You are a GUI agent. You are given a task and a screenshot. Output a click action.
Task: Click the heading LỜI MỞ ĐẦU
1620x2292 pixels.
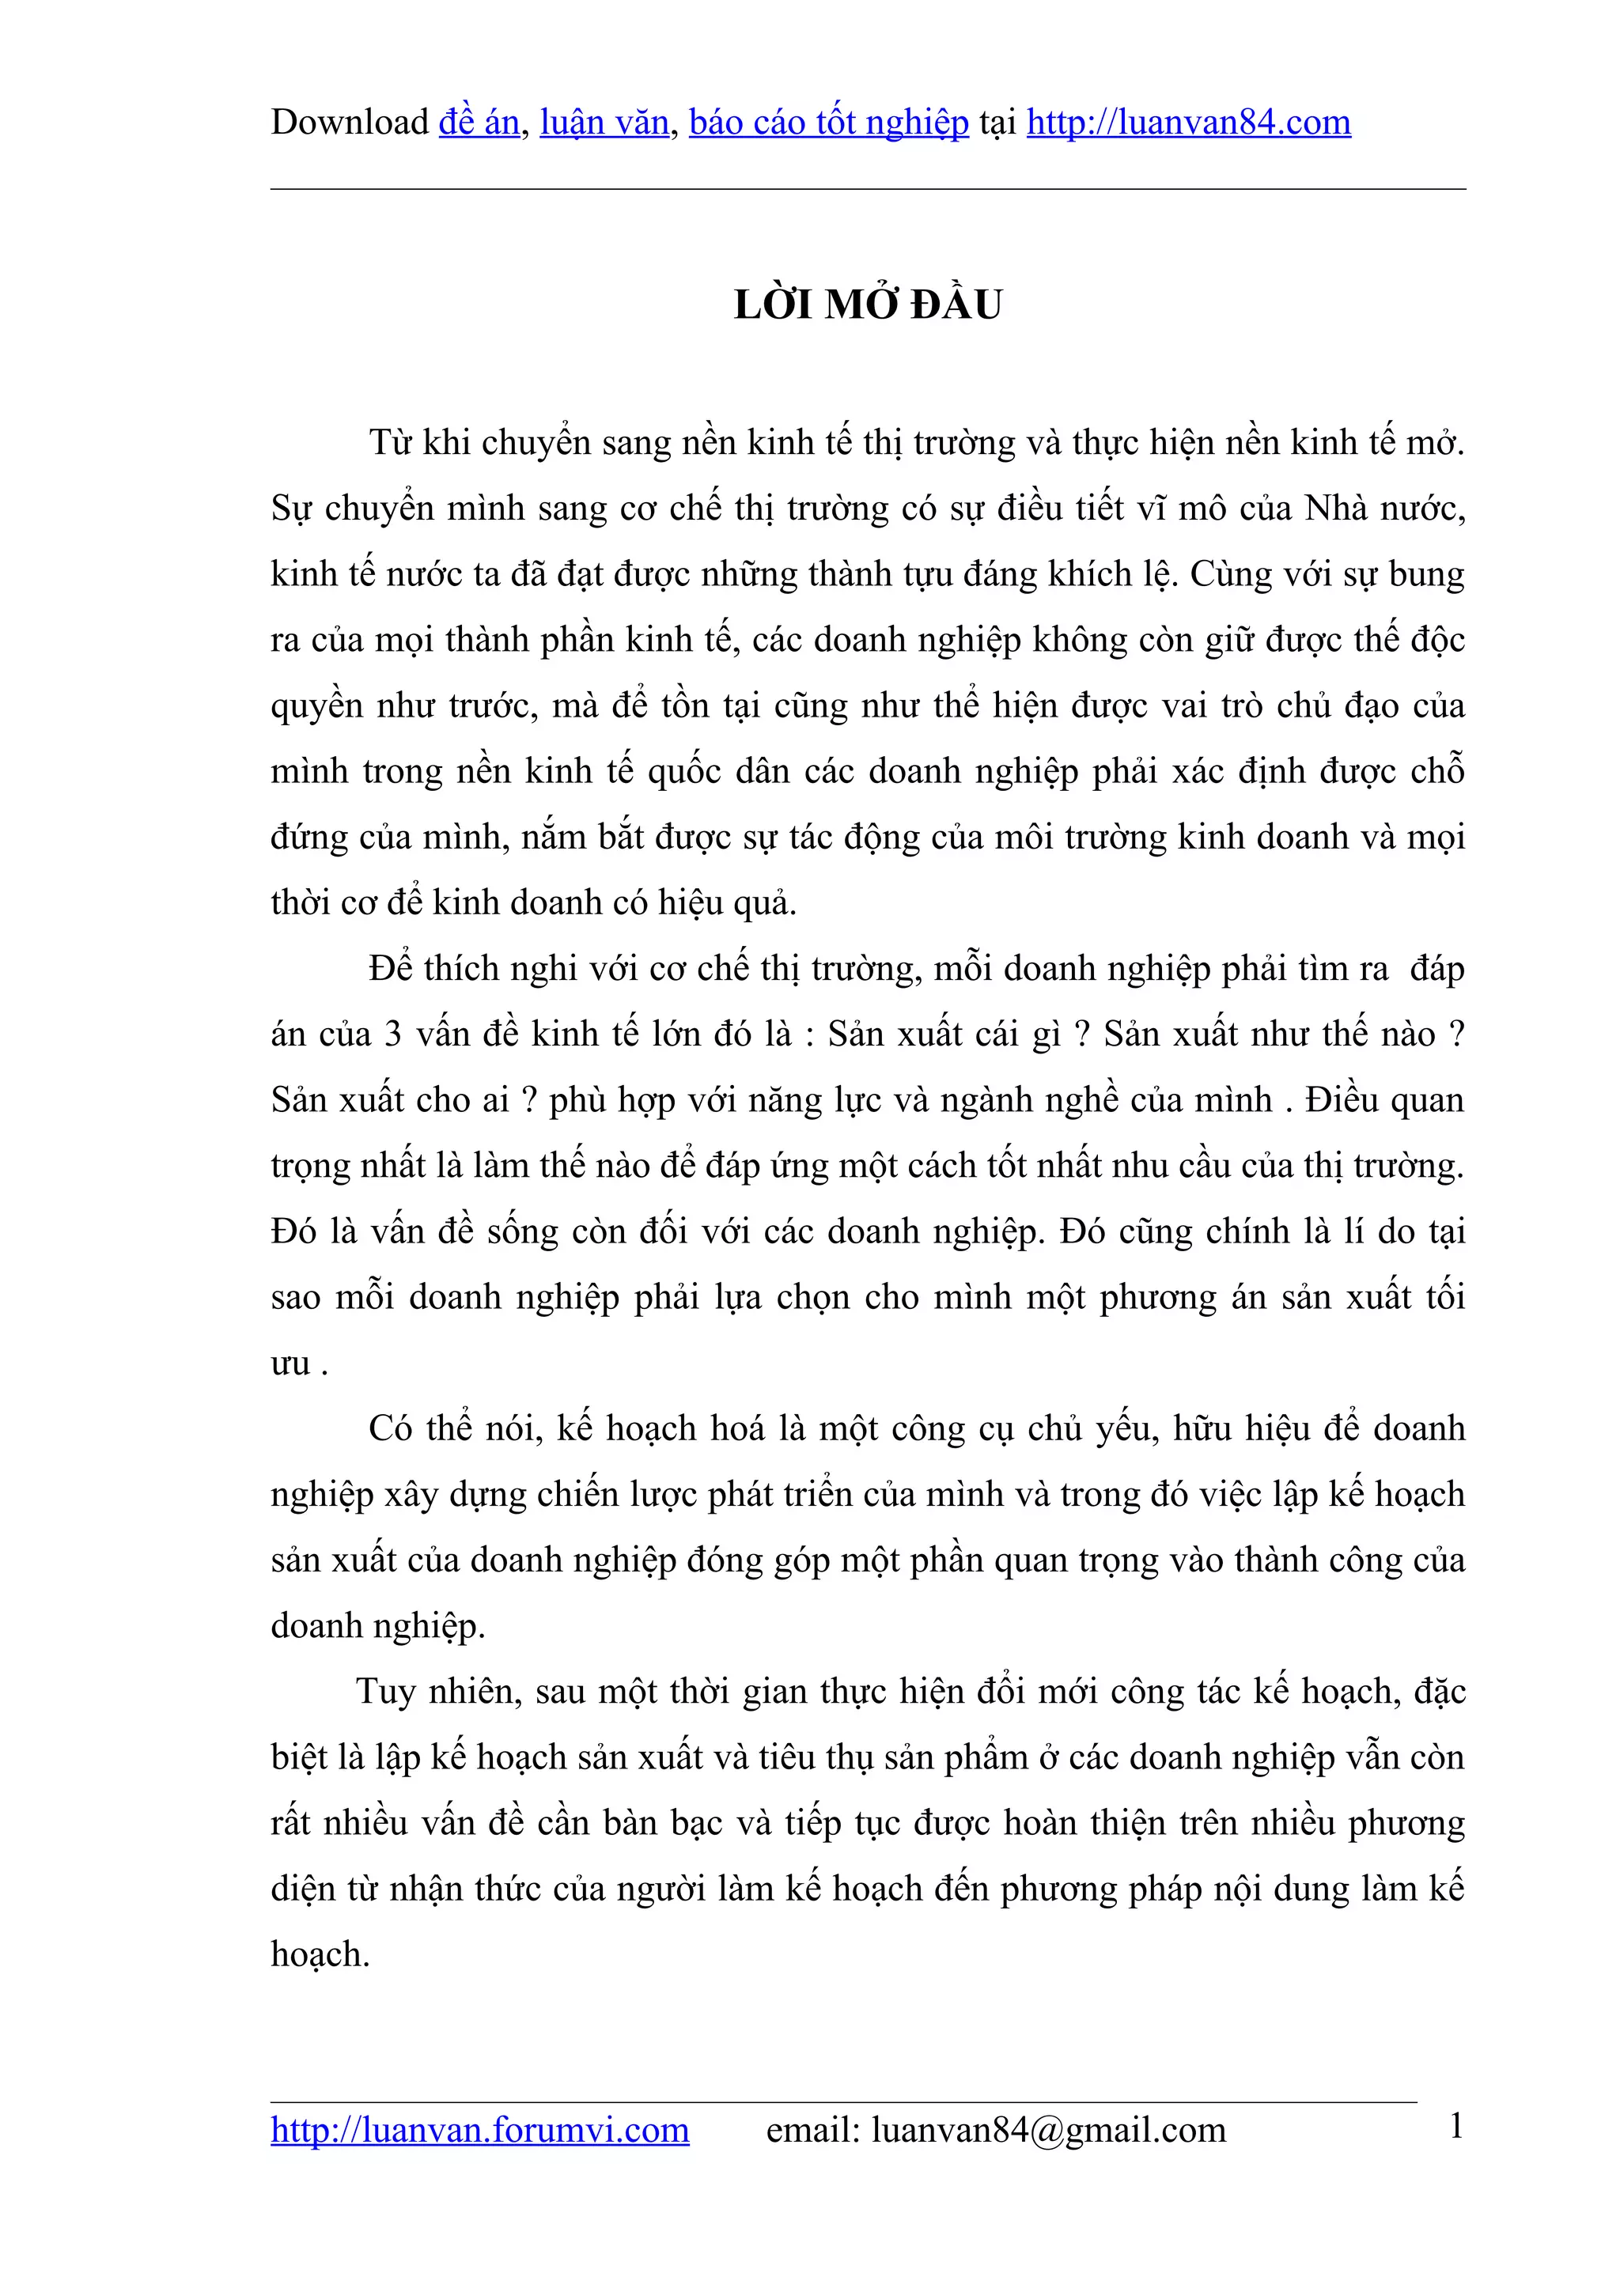pyautogui.click(x=868, y=304)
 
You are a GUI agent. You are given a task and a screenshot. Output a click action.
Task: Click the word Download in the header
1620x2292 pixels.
pyautogui.click(x=350, y=122)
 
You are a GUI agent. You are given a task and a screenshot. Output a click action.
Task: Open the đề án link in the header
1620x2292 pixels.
pyautogui.click(x=479, y=122)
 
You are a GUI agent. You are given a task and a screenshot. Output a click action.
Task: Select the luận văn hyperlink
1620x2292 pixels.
pyautogui.click(x=604, y=122)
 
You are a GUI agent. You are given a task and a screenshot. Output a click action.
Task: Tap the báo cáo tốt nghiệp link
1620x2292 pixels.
pyautogui.click(x=828, y=122)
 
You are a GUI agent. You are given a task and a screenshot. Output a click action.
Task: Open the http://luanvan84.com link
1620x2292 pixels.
pyautogui.click(x=1188, y=122)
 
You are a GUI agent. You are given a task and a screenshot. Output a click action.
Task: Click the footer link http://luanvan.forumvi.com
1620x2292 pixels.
pyautogui.click(x=479, y=2131)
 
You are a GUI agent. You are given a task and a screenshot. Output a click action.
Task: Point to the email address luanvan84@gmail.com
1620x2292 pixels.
pyautogui.click(x=1048, y=2131)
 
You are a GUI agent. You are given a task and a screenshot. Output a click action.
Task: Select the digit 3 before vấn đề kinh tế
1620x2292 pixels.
pyautogui.click(x=393, y=1034)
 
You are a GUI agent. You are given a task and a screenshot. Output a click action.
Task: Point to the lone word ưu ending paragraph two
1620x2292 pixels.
pyautogui.click(x=290, y=1363)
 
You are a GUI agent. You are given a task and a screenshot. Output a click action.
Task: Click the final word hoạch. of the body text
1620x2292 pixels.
pyautogui.click(x=320, y=1954)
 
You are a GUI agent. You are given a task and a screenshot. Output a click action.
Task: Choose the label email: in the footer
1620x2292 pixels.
pyautogui.click(x=812, y=2131)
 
